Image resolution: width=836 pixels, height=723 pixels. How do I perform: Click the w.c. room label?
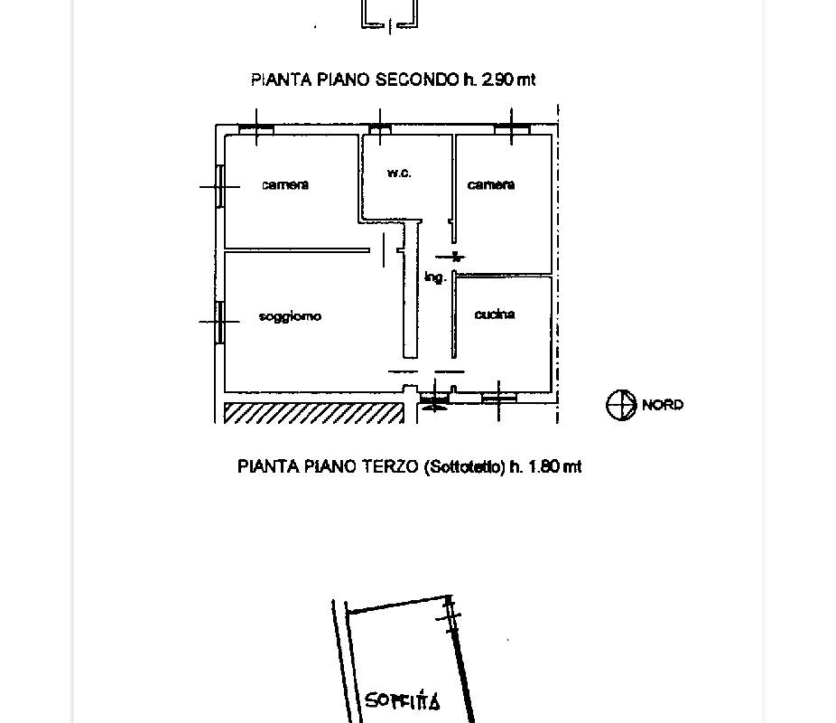click(x=399, y=173)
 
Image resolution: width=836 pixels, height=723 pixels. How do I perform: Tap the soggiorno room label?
click(x=290, y=316)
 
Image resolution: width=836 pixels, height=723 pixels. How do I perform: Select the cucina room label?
click(x=495, y=315)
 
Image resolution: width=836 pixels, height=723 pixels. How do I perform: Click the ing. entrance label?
click(x=435, y=277)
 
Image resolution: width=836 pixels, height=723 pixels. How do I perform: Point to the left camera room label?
click(x=285, y=184)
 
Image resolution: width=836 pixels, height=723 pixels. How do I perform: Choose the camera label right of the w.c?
click(x=491, y=184)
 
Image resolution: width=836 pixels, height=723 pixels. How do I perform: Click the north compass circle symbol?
click(x=621, y=405)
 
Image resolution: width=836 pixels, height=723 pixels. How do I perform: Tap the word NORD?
click(x=663, y=405)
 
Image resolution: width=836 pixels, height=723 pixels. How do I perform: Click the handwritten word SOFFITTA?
click(x=403, y=701)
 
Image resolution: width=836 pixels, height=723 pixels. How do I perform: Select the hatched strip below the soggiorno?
click(x=312, y=413)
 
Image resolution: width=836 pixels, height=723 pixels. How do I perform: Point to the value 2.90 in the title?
click(x=498, y=80)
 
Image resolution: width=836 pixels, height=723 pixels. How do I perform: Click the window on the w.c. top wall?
click(x=381, y=130)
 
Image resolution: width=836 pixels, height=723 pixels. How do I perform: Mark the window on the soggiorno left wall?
click(x=219, y=321)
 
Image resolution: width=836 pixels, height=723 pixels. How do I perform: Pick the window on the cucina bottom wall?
click(x=498, y=397)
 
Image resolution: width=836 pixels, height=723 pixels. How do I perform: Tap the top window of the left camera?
click(x=256, y=130)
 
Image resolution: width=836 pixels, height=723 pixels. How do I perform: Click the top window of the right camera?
click(x=512, y=130)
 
